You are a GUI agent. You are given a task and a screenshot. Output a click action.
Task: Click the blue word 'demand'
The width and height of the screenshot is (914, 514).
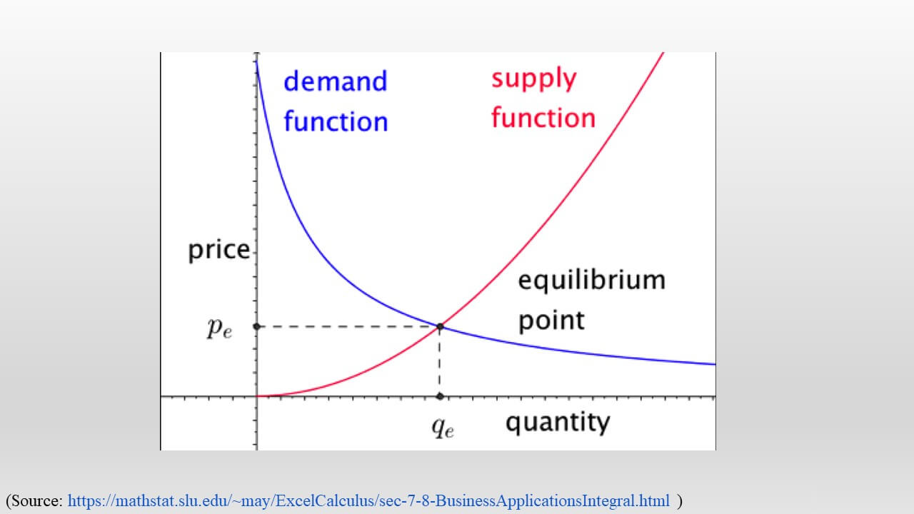click(336, 81)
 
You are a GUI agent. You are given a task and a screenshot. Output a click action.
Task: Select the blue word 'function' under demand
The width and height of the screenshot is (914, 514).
click(336, 121)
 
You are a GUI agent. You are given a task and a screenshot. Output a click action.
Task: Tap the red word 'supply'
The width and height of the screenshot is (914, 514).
click(533, 79)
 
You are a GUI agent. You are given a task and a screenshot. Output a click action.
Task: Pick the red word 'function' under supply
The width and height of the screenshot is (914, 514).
click(543, 118)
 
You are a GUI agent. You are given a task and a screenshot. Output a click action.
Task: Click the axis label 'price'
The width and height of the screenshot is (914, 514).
click(219, 251)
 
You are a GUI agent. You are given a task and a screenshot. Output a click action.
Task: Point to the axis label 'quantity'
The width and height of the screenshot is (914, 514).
click(558, 422)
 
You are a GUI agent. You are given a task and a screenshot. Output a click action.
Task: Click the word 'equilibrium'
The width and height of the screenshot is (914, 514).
click(592, 280)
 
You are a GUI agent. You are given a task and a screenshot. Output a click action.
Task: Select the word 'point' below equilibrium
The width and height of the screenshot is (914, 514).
click(551, 321)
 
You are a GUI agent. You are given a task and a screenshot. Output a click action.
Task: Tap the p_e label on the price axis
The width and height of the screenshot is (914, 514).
click(219, 328)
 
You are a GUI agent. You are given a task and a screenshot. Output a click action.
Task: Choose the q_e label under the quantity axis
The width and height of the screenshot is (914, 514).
click(443, 428)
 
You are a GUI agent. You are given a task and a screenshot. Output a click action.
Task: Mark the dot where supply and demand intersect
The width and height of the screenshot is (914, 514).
click(440, 326)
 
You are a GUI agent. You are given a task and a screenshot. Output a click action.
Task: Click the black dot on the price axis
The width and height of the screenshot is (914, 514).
click(256, 326)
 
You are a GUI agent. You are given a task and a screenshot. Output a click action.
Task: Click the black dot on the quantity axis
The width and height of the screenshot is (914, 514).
click(440, 396)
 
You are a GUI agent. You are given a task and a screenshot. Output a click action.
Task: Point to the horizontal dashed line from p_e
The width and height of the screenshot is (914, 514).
click(348, 326)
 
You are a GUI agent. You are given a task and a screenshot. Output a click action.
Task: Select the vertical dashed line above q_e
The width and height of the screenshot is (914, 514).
click(439, 361)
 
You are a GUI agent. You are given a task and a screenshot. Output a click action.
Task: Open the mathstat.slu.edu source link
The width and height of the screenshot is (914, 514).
click(368, 500)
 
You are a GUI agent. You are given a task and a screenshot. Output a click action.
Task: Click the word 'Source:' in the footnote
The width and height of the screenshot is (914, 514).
click(37, 500)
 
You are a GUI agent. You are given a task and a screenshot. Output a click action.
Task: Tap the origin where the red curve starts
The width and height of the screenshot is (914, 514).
click(257, 396)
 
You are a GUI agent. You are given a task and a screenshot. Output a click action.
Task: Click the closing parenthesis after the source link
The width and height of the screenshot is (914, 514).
click(679, 501)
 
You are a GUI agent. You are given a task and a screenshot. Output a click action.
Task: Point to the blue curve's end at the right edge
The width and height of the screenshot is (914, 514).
click(715, 364)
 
